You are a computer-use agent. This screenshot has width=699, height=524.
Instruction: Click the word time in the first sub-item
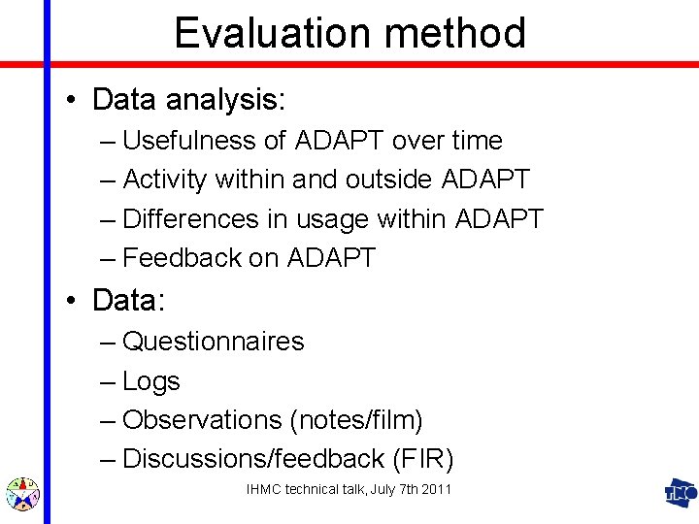[x=476, y=141]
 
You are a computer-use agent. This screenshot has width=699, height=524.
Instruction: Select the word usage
[x=338, y=220]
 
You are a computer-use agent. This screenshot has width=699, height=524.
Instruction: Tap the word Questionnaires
[x=214, y=342]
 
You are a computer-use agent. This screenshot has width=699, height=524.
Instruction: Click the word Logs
[x=151, y=382]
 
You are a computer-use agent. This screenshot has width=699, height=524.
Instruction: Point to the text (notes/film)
[x=356, y=421]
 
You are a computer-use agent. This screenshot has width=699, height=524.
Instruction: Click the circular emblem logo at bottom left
[x=21, y=494]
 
